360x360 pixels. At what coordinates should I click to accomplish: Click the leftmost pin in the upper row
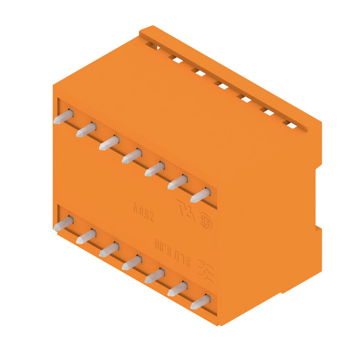point(63,117)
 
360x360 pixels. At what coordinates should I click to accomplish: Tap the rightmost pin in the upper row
point(201,195)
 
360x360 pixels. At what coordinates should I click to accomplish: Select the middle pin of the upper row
point(132,156)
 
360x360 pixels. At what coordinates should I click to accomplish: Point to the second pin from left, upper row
point(86,130)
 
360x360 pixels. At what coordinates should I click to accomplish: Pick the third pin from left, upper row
point(109,143)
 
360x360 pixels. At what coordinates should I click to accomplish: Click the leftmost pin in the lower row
point(63,223)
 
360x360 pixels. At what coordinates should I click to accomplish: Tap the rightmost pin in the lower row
point(201,302)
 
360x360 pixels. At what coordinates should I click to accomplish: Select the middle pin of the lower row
point(132,262)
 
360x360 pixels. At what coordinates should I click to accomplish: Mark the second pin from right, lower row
point(178,289)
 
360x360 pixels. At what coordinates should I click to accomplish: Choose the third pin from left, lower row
point(109,249)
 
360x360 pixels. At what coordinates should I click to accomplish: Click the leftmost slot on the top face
point(152,45)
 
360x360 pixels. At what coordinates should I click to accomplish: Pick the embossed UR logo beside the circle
point(186,210)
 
